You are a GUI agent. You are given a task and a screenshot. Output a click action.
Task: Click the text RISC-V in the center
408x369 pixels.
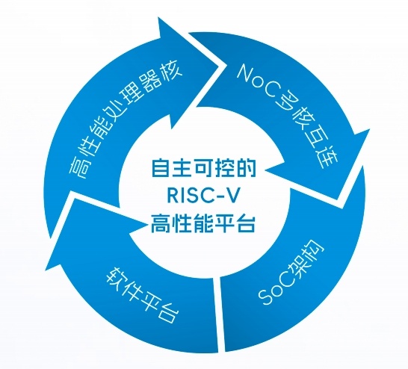[203, 195]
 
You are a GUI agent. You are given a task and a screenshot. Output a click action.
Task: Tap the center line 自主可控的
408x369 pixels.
[203, 168]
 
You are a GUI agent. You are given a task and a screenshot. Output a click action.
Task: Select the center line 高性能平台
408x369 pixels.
[203, 223]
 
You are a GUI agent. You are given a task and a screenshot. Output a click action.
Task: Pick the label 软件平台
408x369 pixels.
[143, 294]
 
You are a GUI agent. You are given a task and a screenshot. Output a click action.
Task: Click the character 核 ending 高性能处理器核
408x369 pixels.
[170, 72]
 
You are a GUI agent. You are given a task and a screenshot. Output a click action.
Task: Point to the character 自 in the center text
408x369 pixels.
[161, 168]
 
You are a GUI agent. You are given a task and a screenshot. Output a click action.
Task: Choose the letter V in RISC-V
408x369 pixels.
[232, 195]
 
